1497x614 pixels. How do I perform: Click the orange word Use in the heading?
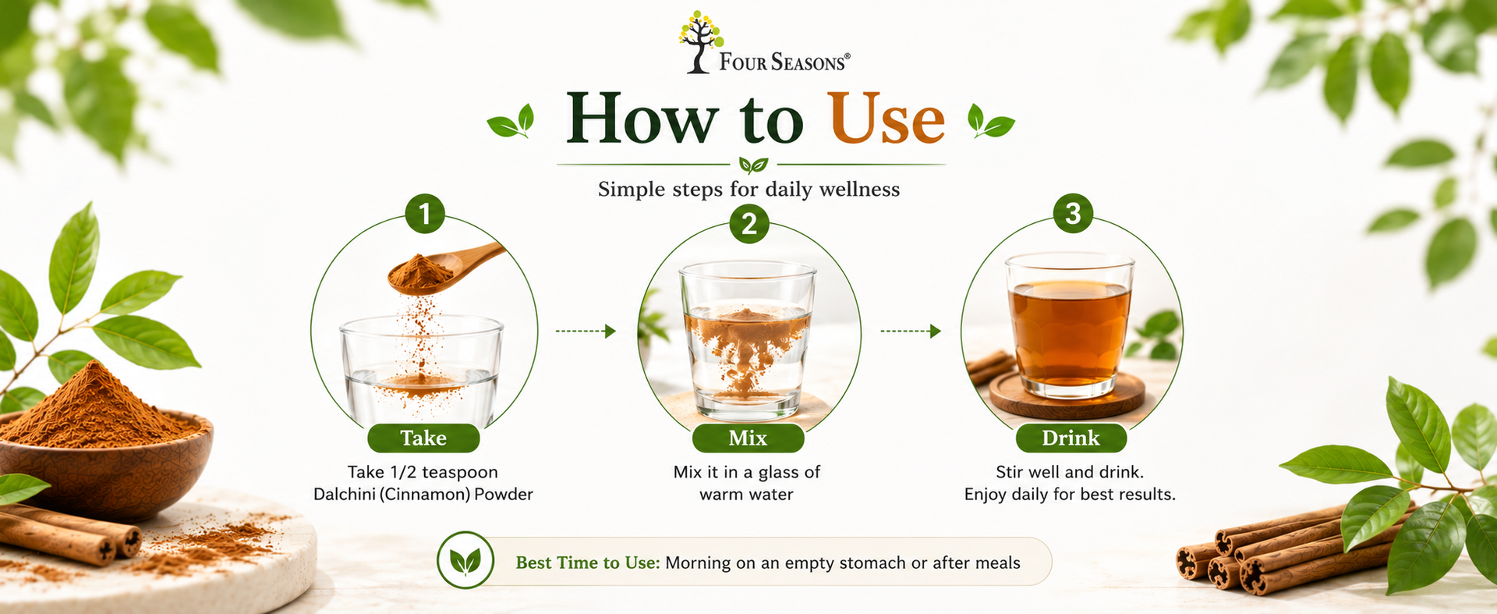(x=886, y=119)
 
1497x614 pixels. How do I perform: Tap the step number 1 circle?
(x=425, y=214)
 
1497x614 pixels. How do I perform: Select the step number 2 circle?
(x=749, y=223)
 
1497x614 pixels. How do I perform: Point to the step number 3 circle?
(x=1073, y=213)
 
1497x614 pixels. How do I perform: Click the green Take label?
(x=423, y=438)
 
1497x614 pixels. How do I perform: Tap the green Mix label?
(x=748, y=438)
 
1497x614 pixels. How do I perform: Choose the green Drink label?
(x=1071, y=438)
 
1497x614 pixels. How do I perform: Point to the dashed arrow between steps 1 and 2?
(x=586, y=332)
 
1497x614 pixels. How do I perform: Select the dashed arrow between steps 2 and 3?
(x=911, y=332)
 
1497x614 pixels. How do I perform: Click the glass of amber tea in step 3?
(x=1069, y=325)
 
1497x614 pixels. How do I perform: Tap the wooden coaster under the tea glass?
(x=1067, y=396)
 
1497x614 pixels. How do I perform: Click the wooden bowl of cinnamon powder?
(x=105, y=465)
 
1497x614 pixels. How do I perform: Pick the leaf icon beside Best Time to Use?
(x=465, y=560)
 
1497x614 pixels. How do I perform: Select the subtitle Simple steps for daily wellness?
(x=748, y=190)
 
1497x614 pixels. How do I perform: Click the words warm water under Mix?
(x=746, y=495)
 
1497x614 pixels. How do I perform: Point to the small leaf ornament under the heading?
(x=753, y=165)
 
